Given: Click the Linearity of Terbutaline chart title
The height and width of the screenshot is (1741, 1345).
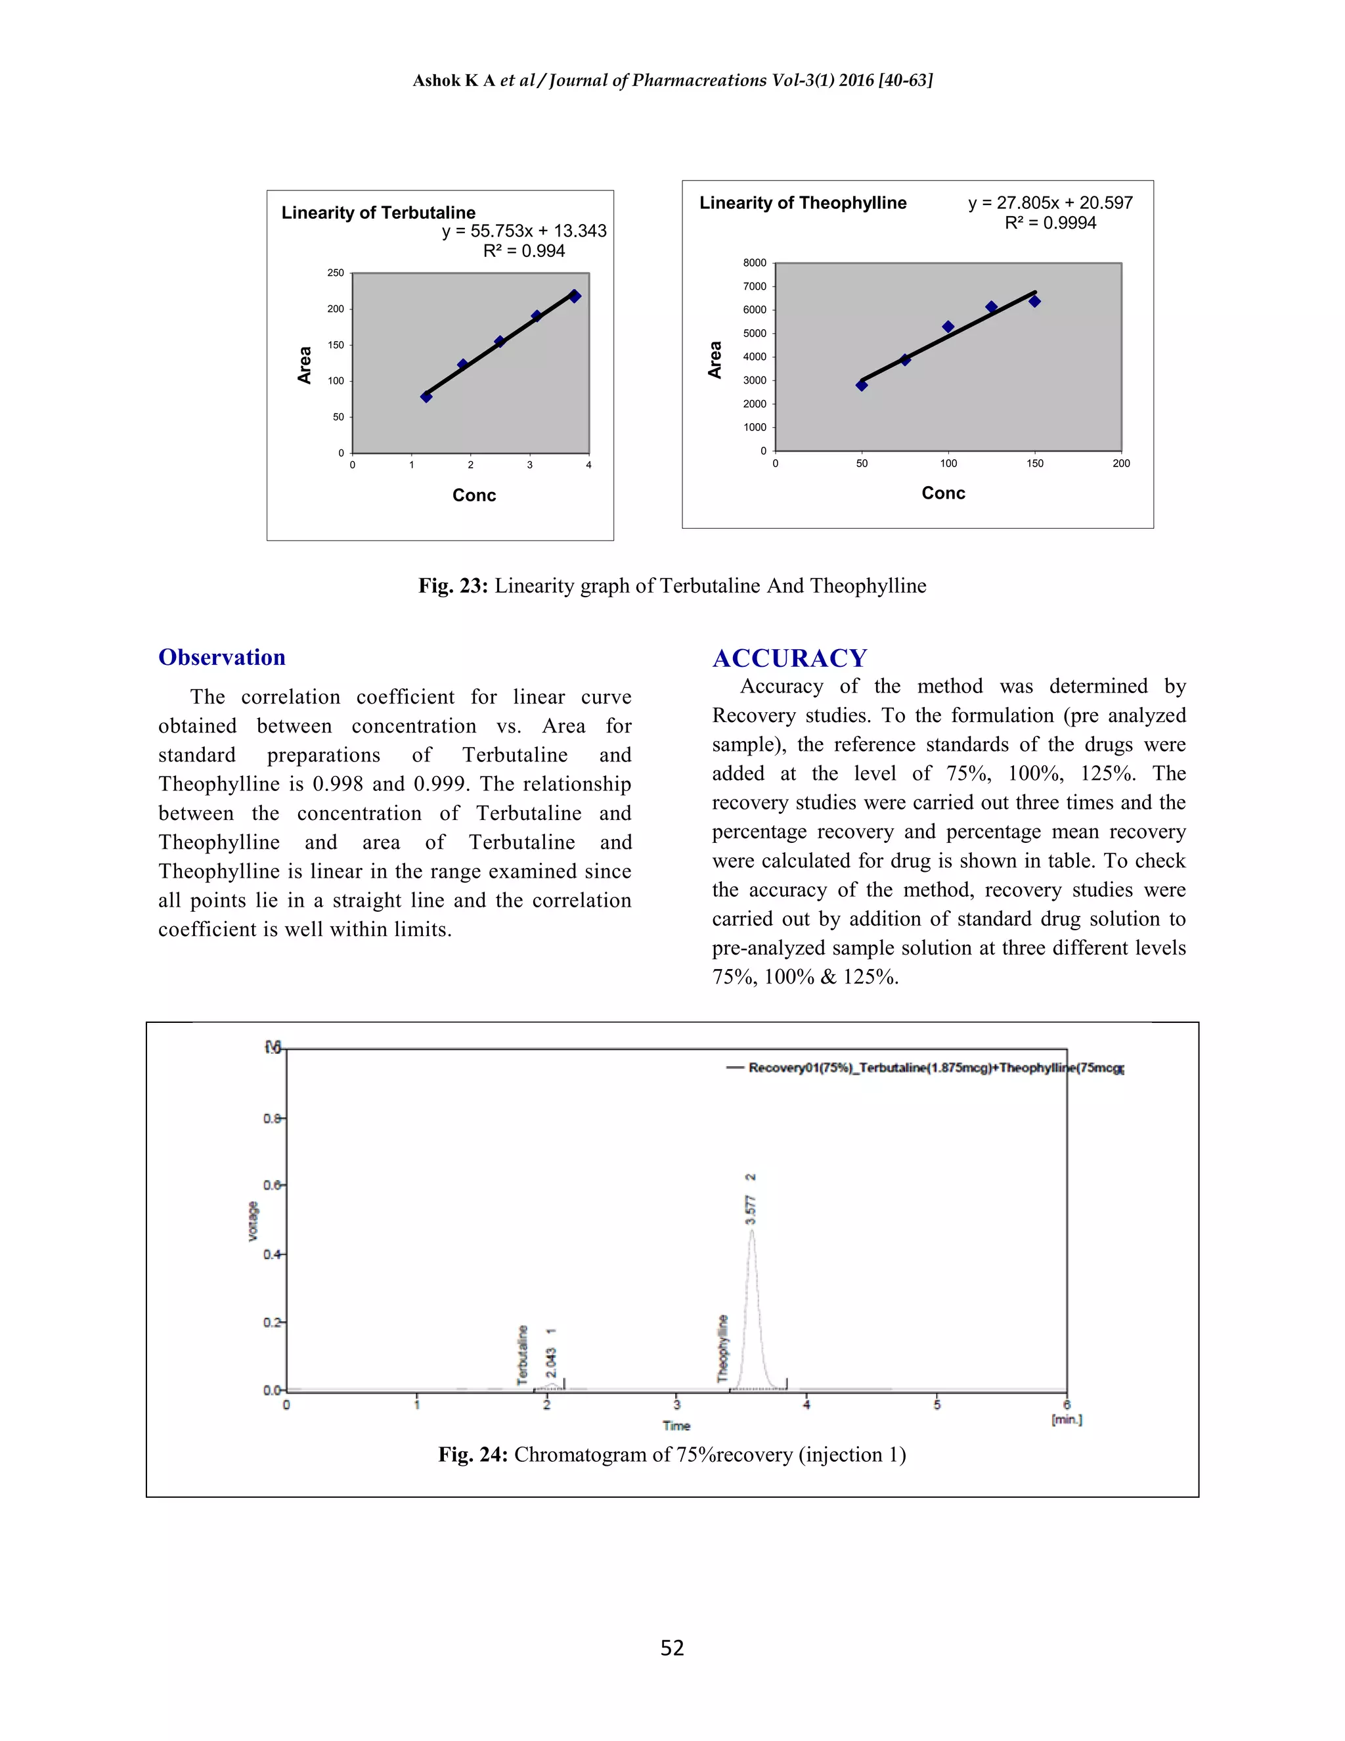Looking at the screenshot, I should pos(378,213).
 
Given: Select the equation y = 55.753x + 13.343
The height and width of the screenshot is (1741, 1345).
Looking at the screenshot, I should pos(524,231).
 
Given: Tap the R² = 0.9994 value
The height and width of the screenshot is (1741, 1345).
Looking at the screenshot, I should pos(1050,223).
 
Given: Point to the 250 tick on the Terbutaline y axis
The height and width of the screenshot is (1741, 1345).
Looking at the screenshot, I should pos(336,273).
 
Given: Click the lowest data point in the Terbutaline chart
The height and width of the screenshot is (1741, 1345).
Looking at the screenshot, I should pos(426,396).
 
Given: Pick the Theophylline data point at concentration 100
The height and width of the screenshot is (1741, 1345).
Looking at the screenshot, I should pos(948,327).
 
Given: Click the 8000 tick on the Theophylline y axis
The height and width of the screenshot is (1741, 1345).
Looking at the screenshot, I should pos(755,263).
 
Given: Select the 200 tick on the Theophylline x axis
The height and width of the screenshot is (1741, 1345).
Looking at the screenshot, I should pos(1121,463).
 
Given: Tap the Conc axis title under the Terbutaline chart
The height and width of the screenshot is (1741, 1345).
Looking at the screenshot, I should pos(474,495).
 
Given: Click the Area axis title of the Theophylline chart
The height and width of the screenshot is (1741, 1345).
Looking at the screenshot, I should pos(715,359).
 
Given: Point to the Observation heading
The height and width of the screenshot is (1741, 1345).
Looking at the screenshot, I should pos(221,657).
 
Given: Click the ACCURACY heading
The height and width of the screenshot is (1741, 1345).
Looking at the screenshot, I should pos(789,658).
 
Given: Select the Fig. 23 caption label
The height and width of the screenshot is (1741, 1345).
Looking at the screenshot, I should pos(452,586).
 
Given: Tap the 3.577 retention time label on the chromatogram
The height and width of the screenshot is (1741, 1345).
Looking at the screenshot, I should pos(751,1210).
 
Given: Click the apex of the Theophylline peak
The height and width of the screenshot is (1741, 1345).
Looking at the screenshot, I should pos(751,1230).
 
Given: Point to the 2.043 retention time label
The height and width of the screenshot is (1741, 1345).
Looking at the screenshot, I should pos(550,1363).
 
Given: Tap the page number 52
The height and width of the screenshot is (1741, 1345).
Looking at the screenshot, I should pos(672,1648).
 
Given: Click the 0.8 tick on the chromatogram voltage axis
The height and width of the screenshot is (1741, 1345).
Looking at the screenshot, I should pos(272,1118).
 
